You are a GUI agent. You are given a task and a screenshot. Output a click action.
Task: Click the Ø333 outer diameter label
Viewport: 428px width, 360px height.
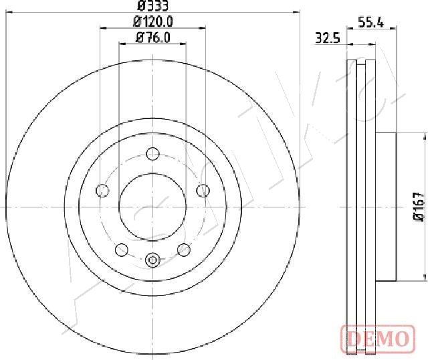click(152, 6)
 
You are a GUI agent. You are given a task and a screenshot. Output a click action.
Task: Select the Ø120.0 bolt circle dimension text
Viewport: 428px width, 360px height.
click(153, 21)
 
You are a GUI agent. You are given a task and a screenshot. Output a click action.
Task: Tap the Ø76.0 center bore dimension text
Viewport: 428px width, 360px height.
click(153, 37)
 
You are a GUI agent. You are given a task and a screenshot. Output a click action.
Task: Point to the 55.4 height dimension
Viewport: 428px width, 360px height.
click(370, 22)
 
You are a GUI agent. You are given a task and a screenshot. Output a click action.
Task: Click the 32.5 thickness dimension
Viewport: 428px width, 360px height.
click(328, 38)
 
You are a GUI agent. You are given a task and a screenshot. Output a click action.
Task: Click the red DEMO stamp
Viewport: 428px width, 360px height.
click(378, 338)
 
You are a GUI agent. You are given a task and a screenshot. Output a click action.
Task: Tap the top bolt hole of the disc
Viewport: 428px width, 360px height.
click(152, 153)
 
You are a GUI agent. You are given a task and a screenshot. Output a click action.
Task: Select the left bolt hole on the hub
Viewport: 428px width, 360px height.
click(102, 191)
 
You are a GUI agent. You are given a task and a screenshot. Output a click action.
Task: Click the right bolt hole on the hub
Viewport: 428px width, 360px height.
click(203, 191)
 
